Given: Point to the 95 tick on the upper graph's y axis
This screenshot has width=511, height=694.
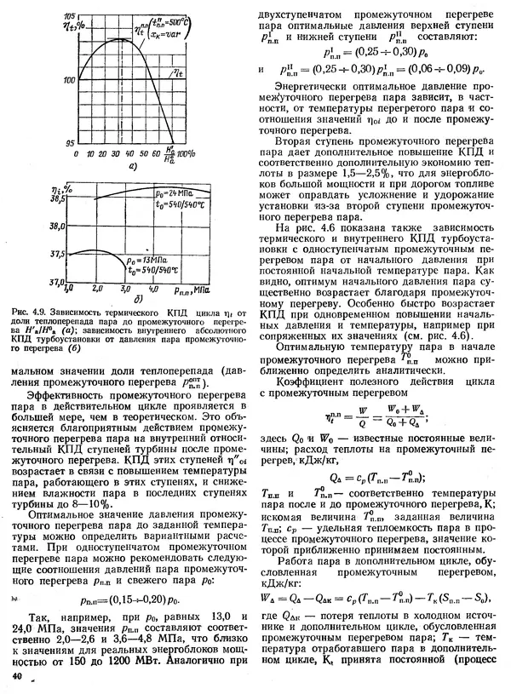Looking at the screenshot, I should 72,141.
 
